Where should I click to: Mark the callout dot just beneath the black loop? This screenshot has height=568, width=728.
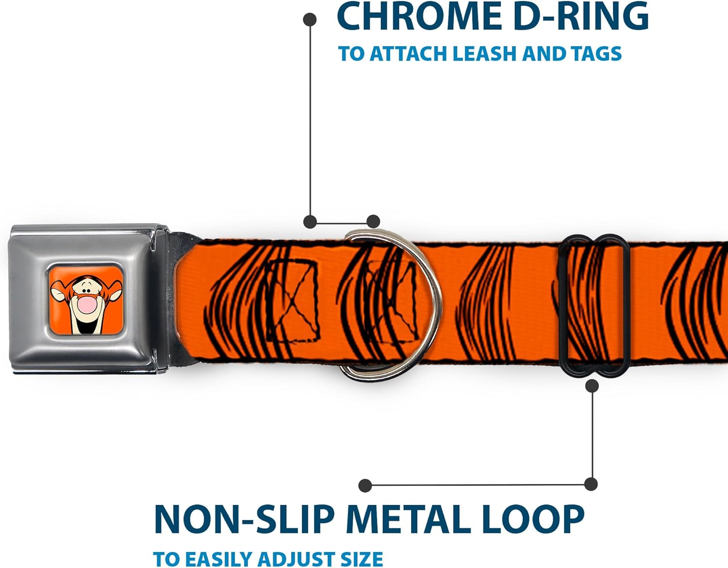pyautogui.click(x=592, y=385)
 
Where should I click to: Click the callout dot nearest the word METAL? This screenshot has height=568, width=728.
pyautogui.click(x=365, y=485)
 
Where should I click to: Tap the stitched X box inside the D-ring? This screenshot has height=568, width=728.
pyautogui.click(x=391, y=300)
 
